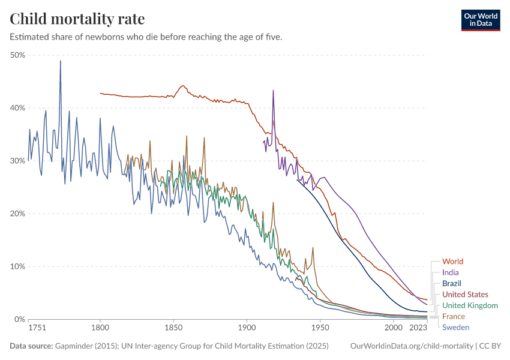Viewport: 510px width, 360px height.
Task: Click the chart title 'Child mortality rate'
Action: pyautogui.click(x=77, y=19)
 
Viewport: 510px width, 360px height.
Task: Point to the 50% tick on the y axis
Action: pyautogui.click(x=17, y=55)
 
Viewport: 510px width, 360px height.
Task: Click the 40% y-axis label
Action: pyautogui.click(x=17, y=108)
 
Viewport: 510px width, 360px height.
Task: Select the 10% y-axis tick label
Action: pyautogui.click(x=17, y=266)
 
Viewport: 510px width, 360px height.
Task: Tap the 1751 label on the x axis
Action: pyautogui.click(x=37, y=328)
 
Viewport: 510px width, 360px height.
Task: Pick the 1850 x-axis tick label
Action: pyautogui.click(x=173, y=328)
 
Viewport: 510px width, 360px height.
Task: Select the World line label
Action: pyautogui.click(x=452, y=262)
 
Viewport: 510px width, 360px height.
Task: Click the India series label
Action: pyautogui.click(x=450, y=272)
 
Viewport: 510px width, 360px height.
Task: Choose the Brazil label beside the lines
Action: pyautogui.click(x=451, y=283)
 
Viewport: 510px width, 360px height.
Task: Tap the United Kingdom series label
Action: pyautogui.click(x=470, y=305)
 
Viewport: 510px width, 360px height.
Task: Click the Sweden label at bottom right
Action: pyautogui.click(x=455, y=327)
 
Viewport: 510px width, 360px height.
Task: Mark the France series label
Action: pyautogui.click(x=453, y=316)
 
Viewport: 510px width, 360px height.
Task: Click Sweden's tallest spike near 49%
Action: pyautogui.click(x=60, y=61)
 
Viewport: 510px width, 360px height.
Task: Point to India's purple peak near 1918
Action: pyautogui.click(x=273, y=91)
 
